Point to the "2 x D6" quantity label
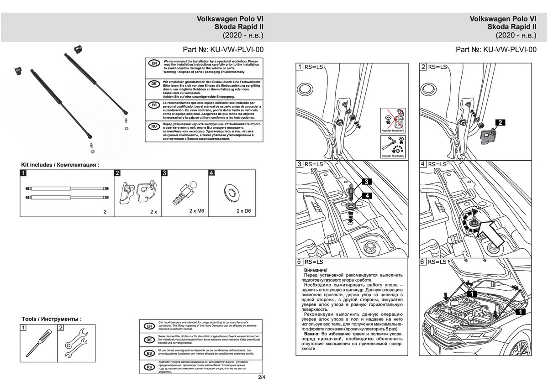(244, 212)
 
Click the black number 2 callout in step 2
(500, 123)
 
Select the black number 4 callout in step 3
(368, 195)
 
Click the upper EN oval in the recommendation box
(154, 63)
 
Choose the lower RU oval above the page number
(148, 366)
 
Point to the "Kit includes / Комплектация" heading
(60, 164)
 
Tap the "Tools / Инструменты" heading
(52, 319)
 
